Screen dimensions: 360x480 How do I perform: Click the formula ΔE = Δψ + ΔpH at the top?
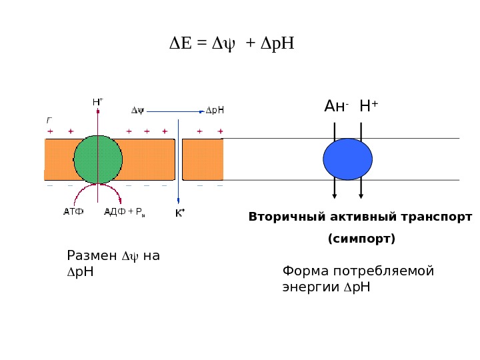pyautogui.click(x=231, y=44)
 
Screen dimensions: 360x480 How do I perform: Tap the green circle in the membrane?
pyautogui.click(x=98, y=159)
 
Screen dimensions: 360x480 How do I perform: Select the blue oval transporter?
pyautogui.click(x=347, y=159)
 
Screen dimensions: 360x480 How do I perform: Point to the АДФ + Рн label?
pyautogui.click(x=124, y=212)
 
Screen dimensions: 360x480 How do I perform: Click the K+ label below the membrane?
pyautogui.click(x=179, y=213)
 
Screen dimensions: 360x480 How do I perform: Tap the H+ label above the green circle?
pyautogui.click(x=97, y=102)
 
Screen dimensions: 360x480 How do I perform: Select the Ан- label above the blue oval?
pyautogui.click(x=336, y=107)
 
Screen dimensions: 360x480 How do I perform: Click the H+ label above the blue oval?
pyautogui.click(x=368, y=107)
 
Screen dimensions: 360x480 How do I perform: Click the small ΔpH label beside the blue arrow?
pyautogui.click(x=214, y=111)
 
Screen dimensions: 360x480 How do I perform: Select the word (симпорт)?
pyautogui.click(x=361, y=238)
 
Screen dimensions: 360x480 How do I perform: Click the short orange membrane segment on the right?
pyautogui.click(x=202, y=159)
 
